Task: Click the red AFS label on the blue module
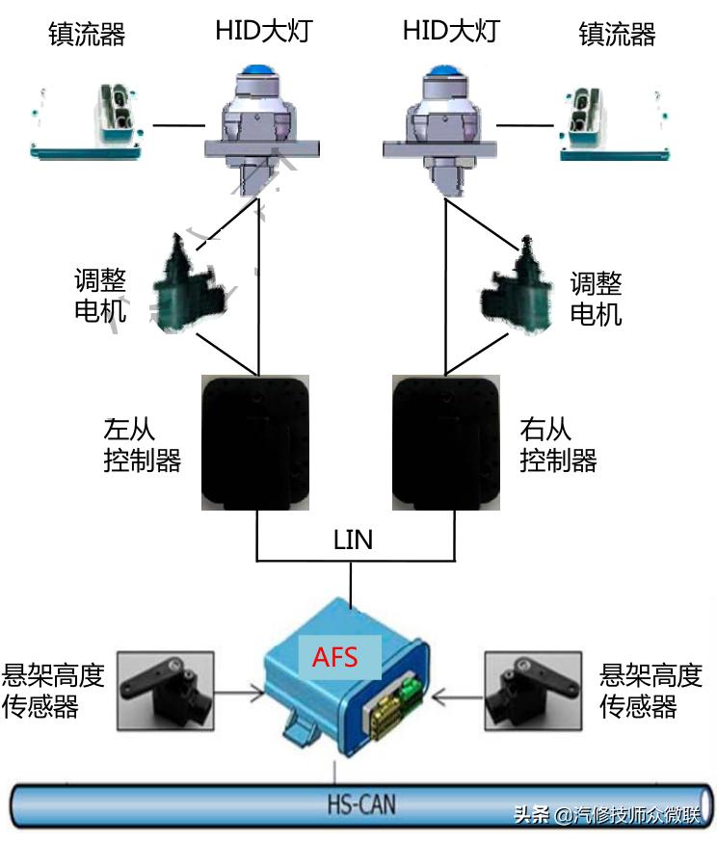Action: [x=334, y=658]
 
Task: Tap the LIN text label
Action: [x=352, y=539]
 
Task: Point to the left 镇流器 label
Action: [x=87, y=34]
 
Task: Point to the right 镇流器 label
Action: [x=617, y=34]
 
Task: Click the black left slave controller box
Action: [x=255, y=441]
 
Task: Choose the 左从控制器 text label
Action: [x=142, y=444]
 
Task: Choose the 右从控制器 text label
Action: [x=558, y=444]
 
